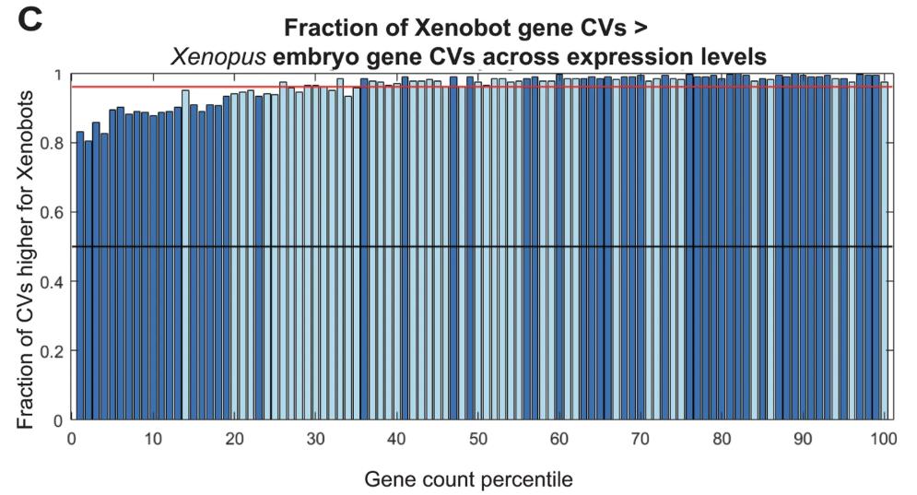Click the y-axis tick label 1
(57, 75)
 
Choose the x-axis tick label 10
(152, 440)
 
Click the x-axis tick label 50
(477, 440)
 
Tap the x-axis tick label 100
(884, 440)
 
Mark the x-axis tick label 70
(641, 440)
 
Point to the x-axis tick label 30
(315, 440)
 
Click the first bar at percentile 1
(80, 277)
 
